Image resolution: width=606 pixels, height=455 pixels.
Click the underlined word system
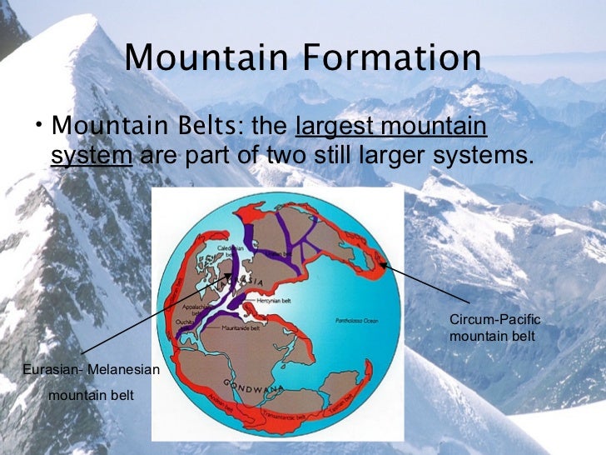click(x=92, y=155)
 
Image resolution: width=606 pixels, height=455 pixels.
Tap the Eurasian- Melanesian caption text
click(x=91, y=367)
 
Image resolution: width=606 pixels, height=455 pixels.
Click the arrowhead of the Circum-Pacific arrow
click(x=381, y=266)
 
